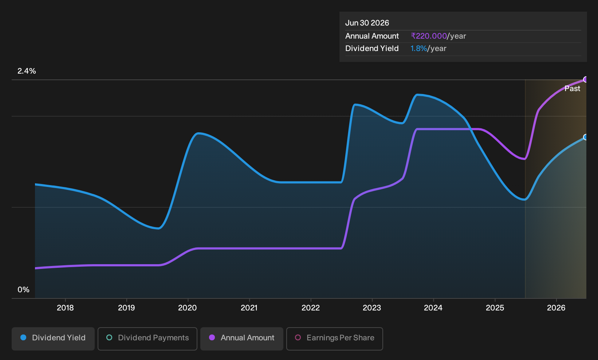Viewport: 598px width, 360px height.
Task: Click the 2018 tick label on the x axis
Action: tap(65, 308)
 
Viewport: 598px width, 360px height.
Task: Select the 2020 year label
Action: tap(188, 308)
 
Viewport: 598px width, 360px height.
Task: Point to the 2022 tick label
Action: tap(311, 308)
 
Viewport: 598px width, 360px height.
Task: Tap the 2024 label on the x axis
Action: tap(433, 308)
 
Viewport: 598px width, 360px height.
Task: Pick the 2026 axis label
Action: tap(556, 308)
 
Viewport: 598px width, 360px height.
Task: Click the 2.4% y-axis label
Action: tap(27, 71)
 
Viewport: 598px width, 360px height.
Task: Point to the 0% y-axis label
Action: tap(24, 290)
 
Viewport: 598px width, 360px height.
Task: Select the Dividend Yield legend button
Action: tap(53, 339)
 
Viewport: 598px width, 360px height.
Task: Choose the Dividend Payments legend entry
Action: tap(147, 339)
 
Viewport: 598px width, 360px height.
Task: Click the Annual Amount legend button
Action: tap(241, 339)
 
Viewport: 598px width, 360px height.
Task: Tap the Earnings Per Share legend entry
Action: tap(334, 339)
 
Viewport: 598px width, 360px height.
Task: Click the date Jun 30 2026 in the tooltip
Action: tap(367, 23)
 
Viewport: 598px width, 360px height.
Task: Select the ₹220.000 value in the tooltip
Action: tap(429, 36)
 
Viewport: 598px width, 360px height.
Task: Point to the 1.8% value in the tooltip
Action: tap(418, 48)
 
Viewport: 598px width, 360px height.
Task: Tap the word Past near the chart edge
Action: tap(572, 89)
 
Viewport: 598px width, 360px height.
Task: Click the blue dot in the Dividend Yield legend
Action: tap(24, 337)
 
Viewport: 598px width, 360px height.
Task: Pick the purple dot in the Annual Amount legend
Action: tap(212, 337)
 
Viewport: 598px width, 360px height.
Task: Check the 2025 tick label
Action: tap(495, 308)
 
